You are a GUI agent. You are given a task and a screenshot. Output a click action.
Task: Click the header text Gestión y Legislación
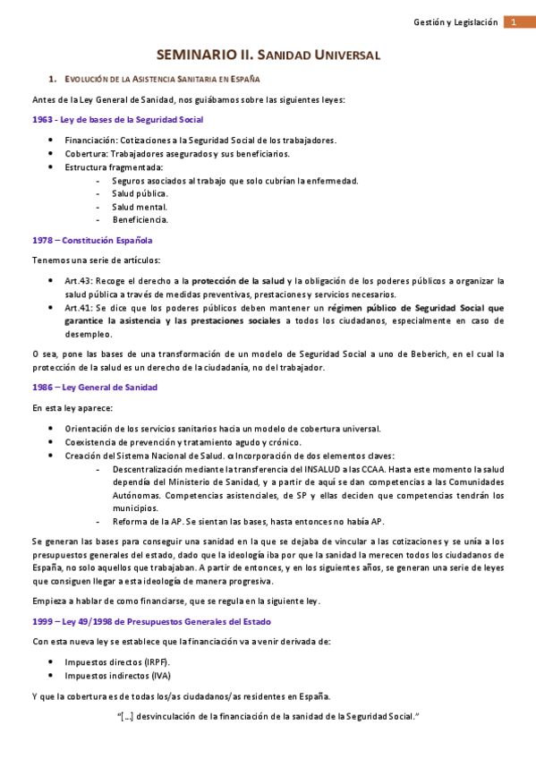(455, 22)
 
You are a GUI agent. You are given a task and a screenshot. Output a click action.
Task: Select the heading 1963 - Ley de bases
(116, 119)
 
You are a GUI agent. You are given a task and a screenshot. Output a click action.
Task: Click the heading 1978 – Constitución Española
(92, 240)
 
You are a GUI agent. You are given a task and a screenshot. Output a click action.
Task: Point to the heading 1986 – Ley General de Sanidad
(95, 387)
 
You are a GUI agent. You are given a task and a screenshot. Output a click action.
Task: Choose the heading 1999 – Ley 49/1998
(151, 621)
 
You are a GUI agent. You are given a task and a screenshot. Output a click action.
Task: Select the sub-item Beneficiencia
(140, 219)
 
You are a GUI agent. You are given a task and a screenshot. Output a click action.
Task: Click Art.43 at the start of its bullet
(78, 280)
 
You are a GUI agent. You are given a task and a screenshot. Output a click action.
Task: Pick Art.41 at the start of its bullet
(78, 307)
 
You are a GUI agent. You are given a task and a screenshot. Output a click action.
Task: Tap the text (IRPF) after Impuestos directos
(155, 661)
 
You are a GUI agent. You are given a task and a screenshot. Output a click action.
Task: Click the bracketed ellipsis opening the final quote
(126, 716)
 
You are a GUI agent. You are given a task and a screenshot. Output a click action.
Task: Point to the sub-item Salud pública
(140, 192)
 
